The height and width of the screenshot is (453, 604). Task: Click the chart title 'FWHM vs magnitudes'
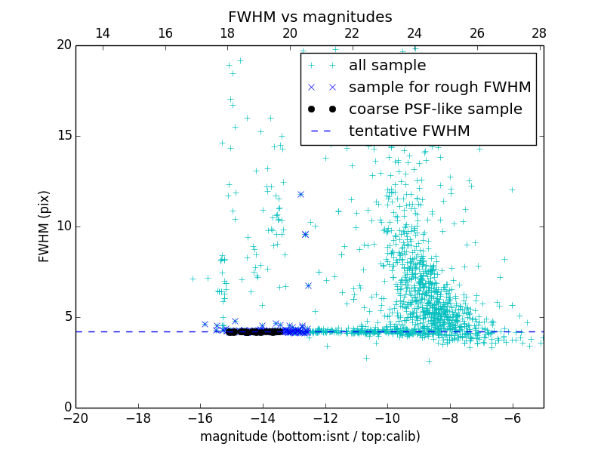[x=310, y=17]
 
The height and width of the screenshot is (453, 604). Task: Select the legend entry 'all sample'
[x=387, y=66]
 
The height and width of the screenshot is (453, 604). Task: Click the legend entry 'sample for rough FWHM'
[x=439, y=88]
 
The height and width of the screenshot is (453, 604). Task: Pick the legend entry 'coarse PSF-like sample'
[x=435, y=109]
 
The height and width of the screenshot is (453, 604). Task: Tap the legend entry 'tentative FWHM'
[x=409, y=131]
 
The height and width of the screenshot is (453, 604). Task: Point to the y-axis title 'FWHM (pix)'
[x=45, y=226]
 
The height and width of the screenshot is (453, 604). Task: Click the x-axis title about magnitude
[x=310, y=436]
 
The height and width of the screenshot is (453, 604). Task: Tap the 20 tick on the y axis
[x=64, y=45]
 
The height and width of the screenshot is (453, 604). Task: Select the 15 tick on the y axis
[x=64, y=136]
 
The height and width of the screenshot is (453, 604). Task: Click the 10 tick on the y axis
[x=64, y=226]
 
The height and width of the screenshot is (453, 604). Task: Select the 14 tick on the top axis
[x=103, y=33]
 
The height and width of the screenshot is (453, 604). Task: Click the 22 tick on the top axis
[x=352, y=33]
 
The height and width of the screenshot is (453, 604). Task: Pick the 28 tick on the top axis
[x=539, y=33]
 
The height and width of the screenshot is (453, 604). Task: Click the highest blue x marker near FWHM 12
[x=300, y=194]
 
